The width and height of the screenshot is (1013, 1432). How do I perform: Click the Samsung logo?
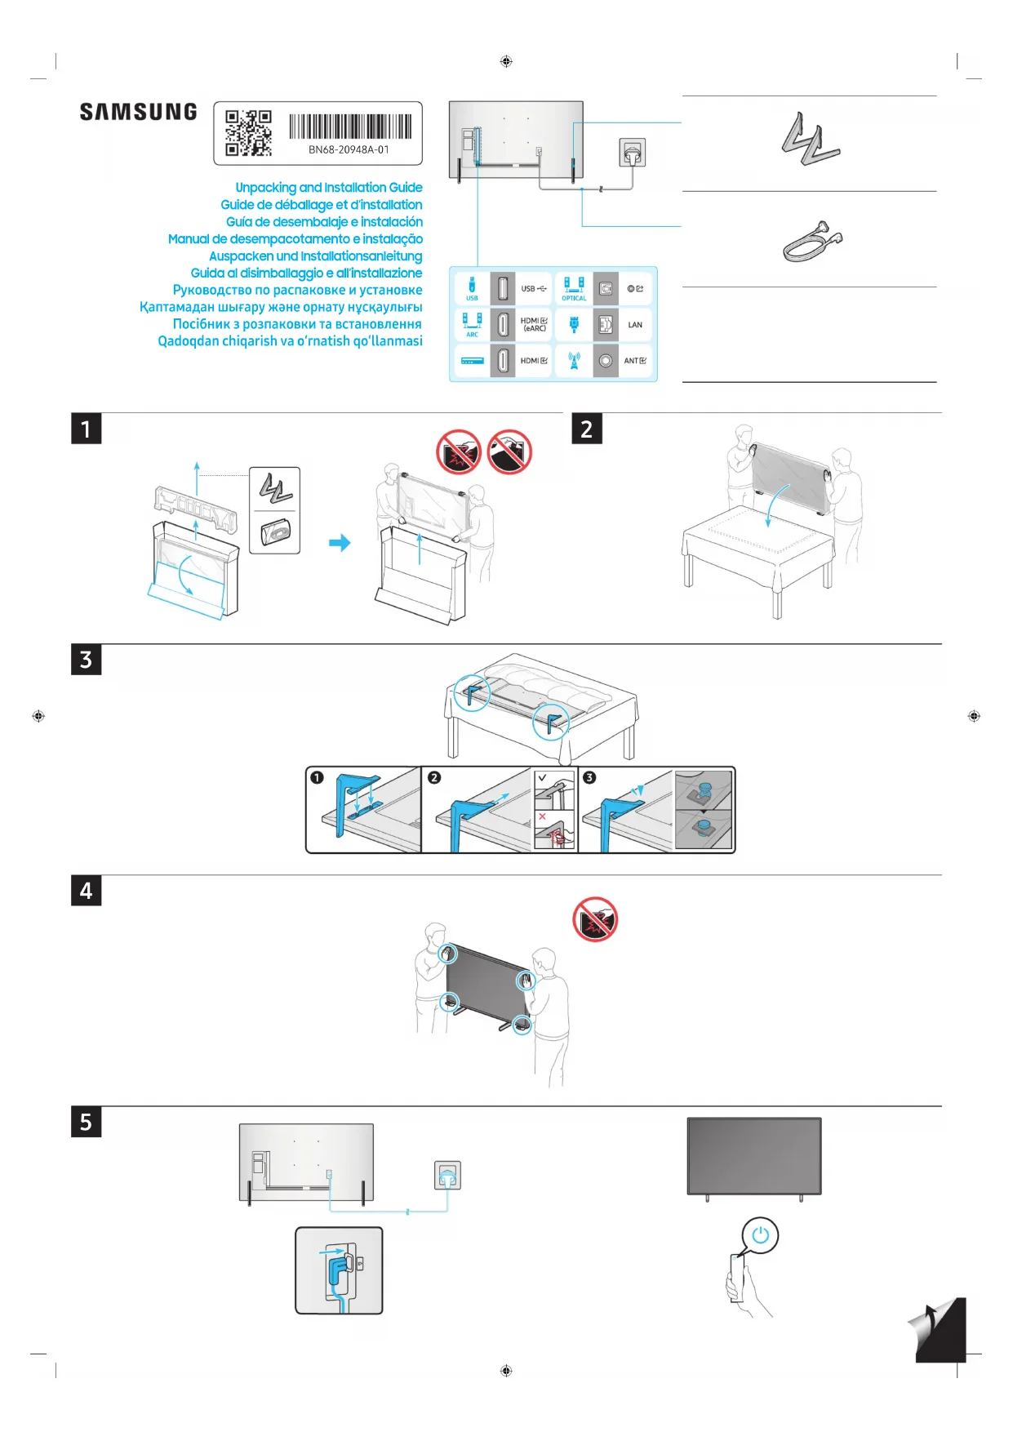138,112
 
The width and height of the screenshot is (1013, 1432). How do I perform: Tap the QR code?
248,133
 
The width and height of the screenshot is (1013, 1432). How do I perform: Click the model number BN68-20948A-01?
349,150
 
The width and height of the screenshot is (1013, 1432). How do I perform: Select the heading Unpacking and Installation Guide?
328,188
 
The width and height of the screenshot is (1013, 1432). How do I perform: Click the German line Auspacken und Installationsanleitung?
315,256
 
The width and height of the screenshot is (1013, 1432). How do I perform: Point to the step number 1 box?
86,429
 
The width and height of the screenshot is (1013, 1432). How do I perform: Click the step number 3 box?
86,660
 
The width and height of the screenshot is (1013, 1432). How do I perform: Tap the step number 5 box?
86,1123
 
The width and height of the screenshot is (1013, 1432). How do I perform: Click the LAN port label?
635,325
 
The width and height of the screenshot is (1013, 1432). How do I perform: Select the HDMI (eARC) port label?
534,325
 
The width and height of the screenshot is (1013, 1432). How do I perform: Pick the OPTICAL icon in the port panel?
574,287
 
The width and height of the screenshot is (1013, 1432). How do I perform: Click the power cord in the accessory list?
811,242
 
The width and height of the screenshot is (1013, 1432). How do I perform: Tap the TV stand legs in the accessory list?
809,140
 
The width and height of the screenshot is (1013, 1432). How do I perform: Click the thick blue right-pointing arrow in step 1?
340,543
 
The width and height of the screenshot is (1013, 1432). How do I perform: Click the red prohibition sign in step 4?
595,919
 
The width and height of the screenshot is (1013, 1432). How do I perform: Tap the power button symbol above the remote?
760,1235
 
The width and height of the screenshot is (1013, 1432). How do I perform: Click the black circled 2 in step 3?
434,778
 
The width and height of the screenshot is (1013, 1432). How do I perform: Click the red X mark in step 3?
542,816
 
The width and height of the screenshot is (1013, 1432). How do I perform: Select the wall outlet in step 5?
447,1175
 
